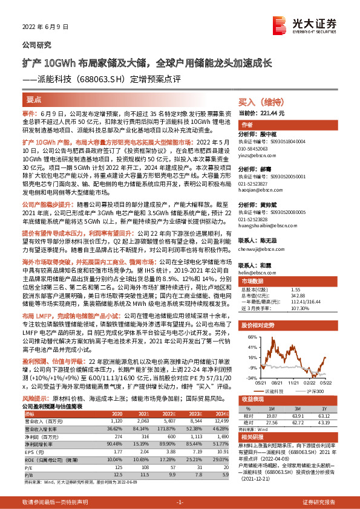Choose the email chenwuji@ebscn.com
(257, 247)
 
